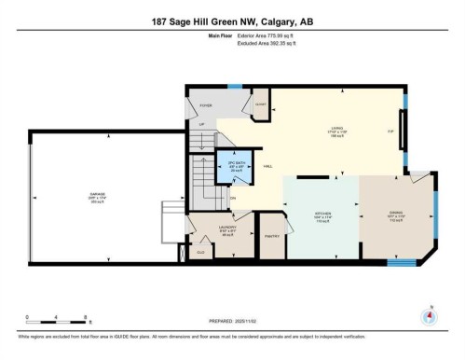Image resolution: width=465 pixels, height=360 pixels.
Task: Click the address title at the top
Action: coord(232,22)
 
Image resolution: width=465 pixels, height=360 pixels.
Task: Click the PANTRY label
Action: coord(271,236)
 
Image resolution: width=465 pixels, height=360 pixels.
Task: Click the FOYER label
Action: coord(206,106)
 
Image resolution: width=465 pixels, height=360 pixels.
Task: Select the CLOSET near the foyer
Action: coord(261,104)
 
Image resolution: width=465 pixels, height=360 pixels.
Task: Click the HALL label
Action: coord(267,168)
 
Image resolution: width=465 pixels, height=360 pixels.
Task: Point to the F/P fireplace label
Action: coord(390,131)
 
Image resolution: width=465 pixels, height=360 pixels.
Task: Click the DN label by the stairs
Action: coord(233,197)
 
